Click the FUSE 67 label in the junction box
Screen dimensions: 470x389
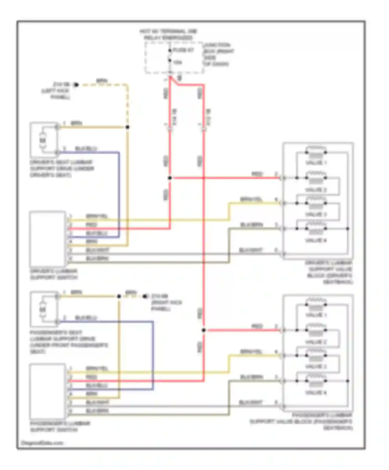[x=183, y=50]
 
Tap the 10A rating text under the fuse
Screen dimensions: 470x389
[x=178, y=62]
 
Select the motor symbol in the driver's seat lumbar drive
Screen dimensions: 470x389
[x=43, y=140]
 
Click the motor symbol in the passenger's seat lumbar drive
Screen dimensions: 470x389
[x=43, y=309]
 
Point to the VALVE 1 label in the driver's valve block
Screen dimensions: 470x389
[x=316, y=163]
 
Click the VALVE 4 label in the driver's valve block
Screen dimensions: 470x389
[x=316, y=240]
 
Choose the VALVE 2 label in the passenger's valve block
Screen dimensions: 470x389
[x=316, y=342]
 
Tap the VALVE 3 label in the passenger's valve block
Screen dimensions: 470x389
[x=316, y=367]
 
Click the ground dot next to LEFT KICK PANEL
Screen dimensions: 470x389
[x=76, y=85]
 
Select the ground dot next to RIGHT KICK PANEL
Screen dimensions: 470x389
[x=145, y=296]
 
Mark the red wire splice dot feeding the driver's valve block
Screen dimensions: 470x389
[x=170, y=178]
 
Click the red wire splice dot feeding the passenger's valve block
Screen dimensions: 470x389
[x=204, y=330]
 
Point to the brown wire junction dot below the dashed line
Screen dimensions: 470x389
[x=127, y=127]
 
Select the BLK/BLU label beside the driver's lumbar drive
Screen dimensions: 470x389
[x=86, y=148]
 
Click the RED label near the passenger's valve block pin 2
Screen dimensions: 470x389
[x=257, y=326]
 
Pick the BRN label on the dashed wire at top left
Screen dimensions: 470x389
[x=102, y=81]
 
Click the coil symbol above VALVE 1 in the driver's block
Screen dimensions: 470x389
[x=316, y=149]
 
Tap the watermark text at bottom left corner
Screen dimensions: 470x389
[x=42, y=443]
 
